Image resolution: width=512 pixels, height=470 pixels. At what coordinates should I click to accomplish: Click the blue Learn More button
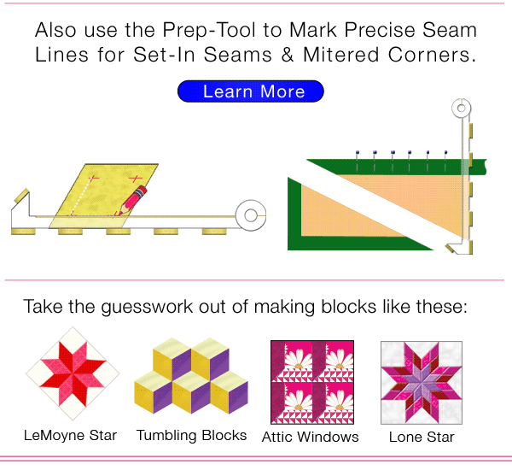coord(251,91)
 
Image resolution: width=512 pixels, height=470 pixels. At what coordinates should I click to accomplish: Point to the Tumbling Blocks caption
coord(191,435)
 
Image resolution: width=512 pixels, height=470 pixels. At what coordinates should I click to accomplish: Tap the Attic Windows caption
coord(311,437)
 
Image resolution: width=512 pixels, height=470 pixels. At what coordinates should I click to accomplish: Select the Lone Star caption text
coord(421,437)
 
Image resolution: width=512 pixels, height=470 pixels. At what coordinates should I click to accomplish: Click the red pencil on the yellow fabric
coord(131,199)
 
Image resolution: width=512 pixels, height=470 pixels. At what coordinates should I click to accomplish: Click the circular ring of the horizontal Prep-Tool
coord(251,215)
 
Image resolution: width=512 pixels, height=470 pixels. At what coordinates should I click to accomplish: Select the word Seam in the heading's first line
coord(450,31)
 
